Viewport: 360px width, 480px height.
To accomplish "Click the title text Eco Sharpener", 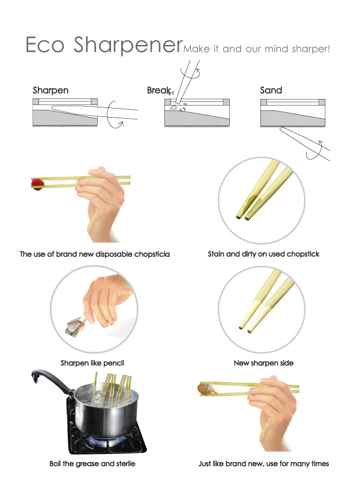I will [x=104, y=45].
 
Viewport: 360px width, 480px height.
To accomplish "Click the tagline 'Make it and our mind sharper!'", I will [x=257, y=48].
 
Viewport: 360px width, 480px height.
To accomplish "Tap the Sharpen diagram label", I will [x=50, y=91].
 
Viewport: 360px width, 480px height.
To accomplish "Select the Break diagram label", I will [x=158, y=91].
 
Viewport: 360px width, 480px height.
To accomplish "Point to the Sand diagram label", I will [x=271, y=91].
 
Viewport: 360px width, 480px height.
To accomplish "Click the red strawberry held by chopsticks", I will [x=37, y=183].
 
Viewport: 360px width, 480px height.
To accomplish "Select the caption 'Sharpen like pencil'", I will [x=92, y=363].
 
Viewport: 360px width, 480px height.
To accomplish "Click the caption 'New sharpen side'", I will [x=263, y=363].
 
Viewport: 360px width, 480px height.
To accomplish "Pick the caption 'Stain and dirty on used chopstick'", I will [x=263, y=254].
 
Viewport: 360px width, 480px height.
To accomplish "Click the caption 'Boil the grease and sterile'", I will [x=92, y=463].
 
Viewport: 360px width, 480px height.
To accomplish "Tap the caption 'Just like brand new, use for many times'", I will [x=263, y=463].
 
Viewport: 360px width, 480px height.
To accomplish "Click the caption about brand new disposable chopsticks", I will [x=95, y=254].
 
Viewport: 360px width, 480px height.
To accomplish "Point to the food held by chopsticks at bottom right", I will [x=205, y=389].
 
